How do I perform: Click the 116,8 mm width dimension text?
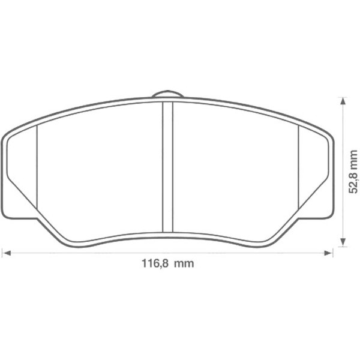167,263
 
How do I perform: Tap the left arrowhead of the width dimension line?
6,253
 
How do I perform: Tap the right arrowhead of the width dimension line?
329,253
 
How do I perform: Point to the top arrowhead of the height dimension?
342,102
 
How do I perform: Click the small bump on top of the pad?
167,94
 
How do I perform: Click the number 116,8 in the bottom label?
154,263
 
